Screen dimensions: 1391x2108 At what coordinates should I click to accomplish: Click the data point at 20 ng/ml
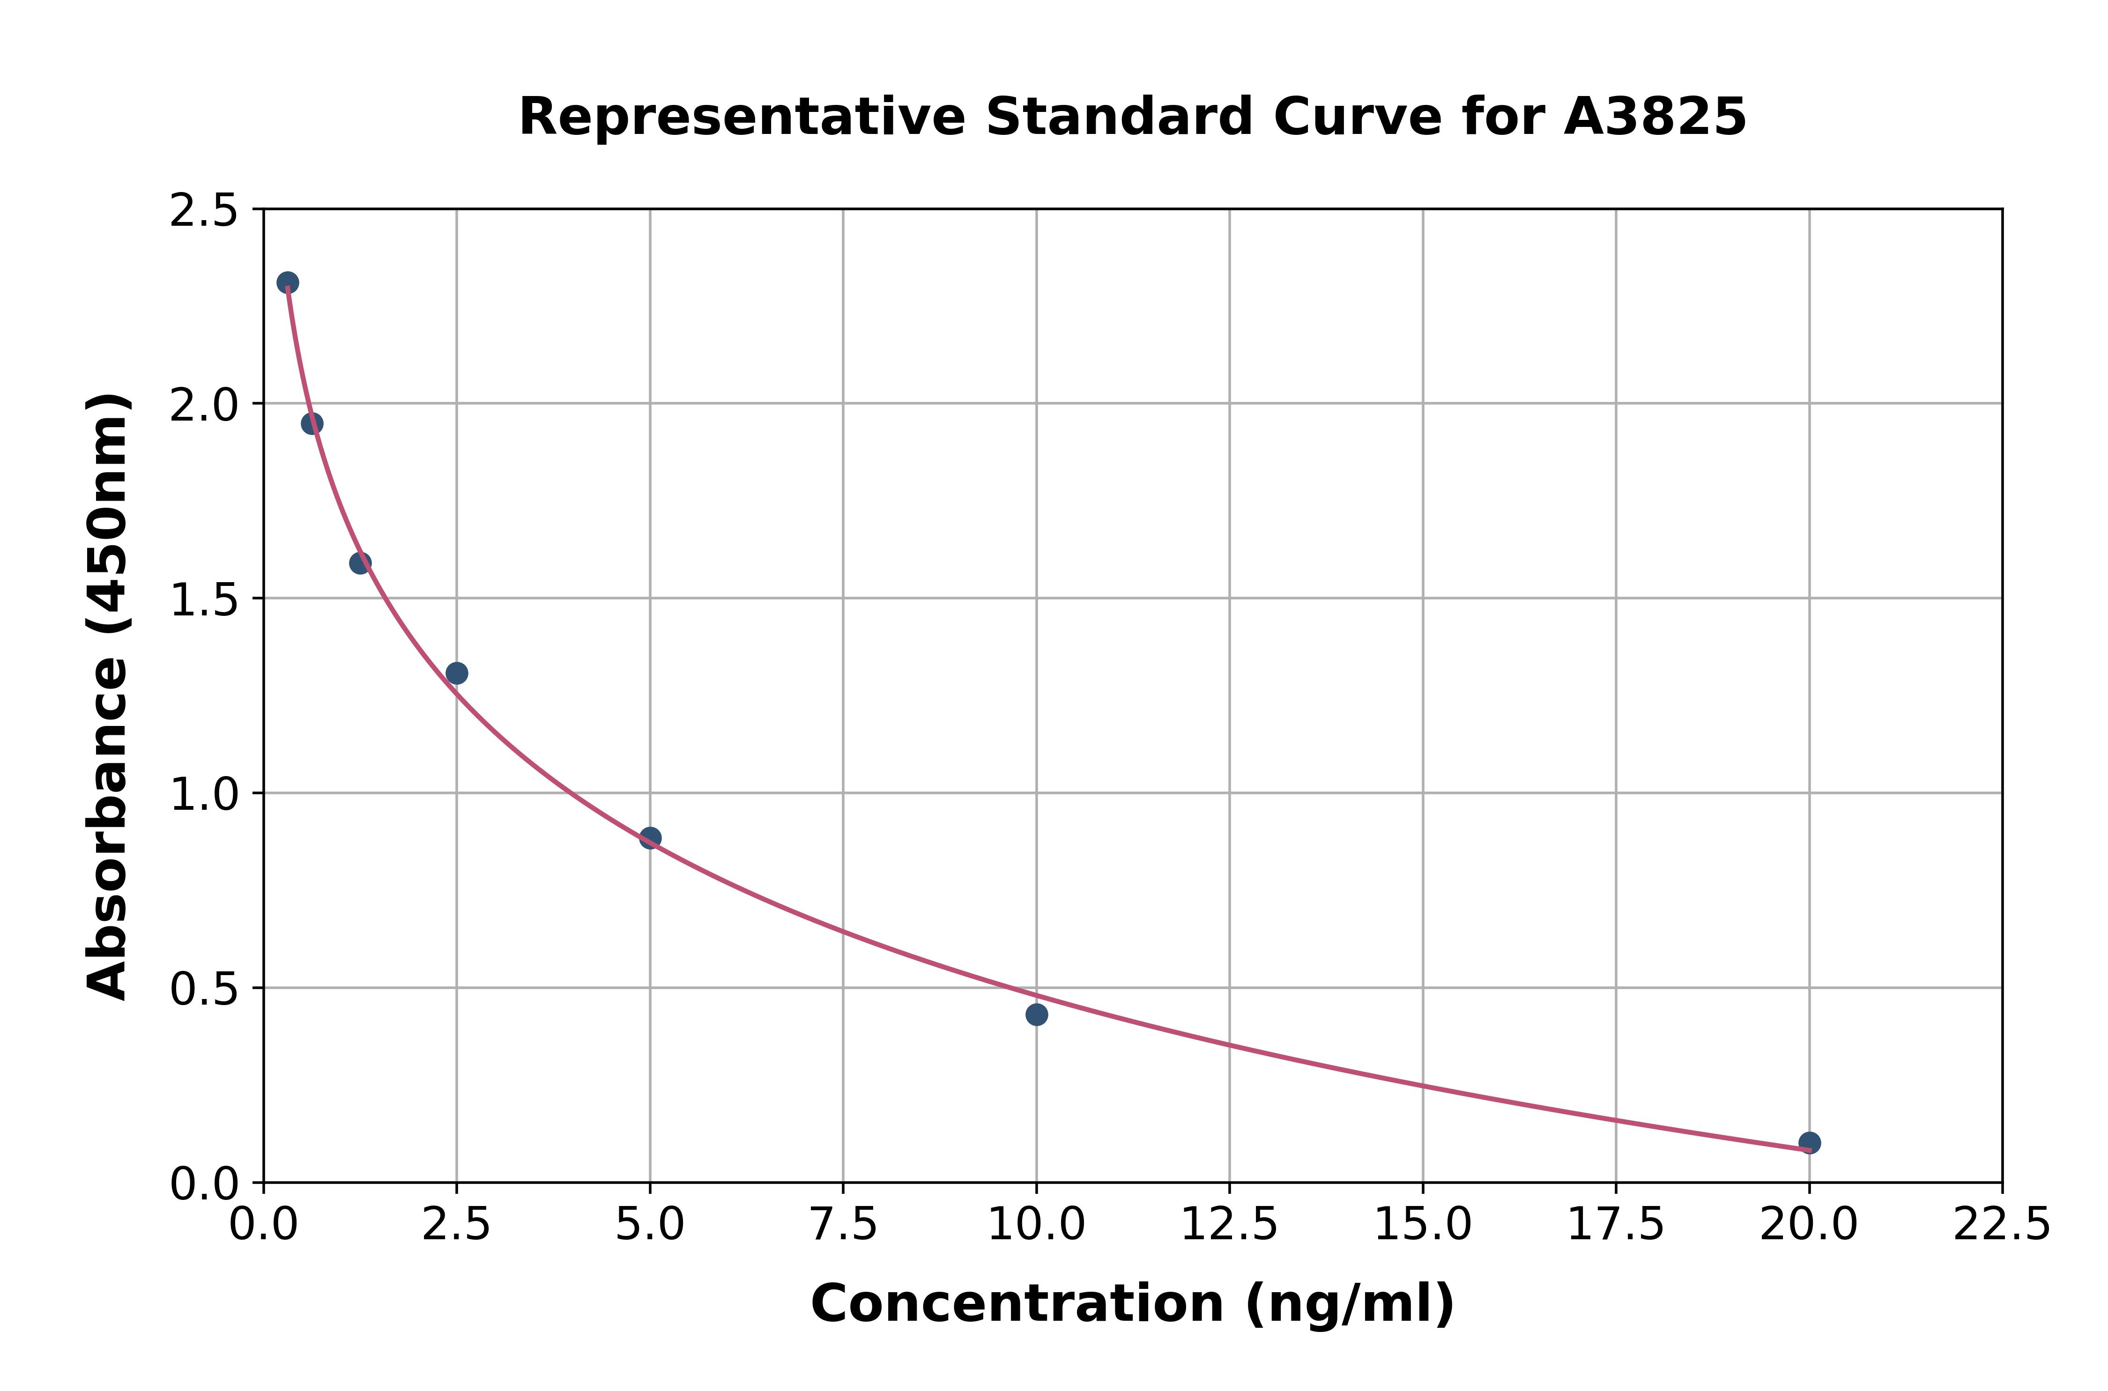[x=1809, y=1143]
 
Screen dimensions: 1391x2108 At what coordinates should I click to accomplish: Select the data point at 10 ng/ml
[x=1036, y=1014]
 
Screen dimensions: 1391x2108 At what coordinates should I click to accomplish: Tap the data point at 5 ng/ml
[x=650, y=837]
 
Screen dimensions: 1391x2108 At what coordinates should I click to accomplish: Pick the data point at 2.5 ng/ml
[x=457, y=673]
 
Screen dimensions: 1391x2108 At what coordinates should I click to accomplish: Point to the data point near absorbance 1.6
[x=360, y=562]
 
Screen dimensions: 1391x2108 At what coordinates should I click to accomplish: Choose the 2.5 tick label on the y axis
[x=204, y=211]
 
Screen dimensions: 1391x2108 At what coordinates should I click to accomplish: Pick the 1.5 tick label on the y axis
[x=204, y=599]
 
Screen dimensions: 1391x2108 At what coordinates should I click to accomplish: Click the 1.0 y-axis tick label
[x=204, y=794]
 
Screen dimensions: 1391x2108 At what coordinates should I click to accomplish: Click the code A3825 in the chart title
[x=1655, y=117]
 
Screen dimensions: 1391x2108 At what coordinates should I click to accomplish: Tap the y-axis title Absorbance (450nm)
[x=108, y=696]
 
